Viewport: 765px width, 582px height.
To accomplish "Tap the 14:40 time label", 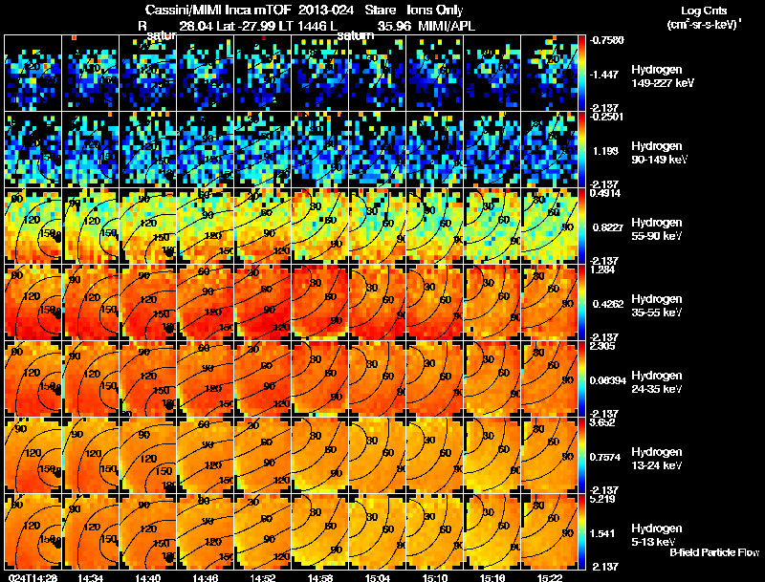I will tap(147, 576).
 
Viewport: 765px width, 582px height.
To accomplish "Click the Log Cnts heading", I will tap(703, 11).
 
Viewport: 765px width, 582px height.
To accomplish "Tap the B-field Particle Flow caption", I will tap(712, 552).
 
